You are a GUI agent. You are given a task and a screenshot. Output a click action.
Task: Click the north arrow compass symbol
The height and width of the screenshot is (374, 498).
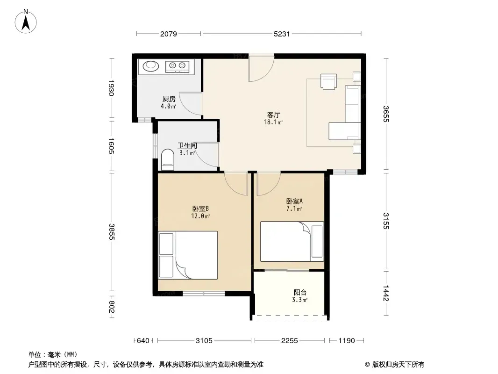pos(26,22)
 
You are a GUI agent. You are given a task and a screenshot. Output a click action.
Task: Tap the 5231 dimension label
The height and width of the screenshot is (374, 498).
pos(282,34)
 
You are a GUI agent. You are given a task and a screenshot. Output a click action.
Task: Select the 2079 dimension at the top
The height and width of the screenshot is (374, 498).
pos(168,34)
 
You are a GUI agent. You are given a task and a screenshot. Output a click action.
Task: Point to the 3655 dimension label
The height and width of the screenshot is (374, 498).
pos(386,114)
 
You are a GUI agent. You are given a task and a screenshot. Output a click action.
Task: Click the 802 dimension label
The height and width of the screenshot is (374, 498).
pos(111,307)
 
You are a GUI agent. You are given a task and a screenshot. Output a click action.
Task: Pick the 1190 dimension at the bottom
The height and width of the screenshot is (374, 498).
pos(347,341)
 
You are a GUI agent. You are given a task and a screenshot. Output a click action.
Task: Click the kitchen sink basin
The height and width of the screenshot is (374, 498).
pos(150,66)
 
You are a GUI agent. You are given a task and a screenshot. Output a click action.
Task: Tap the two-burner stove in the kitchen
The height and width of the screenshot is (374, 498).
pos(177,66)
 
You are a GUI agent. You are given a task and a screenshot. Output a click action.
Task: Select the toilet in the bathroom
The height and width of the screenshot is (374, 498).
pos(168,159)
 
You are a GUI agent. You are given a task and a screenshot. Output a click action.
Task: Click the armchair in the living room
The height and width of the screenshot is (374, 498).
pos(328,82)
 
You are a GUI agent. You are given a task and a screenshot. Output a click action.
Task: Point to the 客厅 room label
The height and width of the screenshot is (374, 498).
pos(273,115)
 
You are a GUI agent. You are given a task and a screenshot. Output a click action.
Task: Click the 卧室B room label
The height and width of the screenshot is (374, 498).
pos(200,209)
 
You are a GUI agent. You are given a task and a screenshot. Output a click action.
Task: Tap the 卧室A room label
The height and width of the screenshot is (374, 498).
pos(294,201)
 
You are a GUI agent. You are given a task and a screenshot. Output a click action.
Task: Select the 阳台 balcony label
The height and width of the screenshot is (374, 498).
pos(300,292)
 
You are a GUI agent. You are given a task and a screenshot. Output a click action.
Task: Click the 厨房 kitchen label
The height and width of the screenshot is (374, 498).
pos(169,99)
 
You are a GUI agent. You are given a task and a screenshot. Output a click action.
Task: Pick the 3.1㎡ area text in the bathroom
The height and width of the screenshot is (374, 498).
pos(187,153)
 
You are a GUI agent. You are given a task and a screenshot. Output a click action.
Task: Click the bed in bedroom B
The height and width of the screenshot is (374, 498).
pos(188,255)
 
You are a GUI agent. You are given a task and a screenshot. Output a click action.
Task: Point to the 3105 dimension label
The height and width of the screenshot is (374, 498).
pos(204,341)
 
